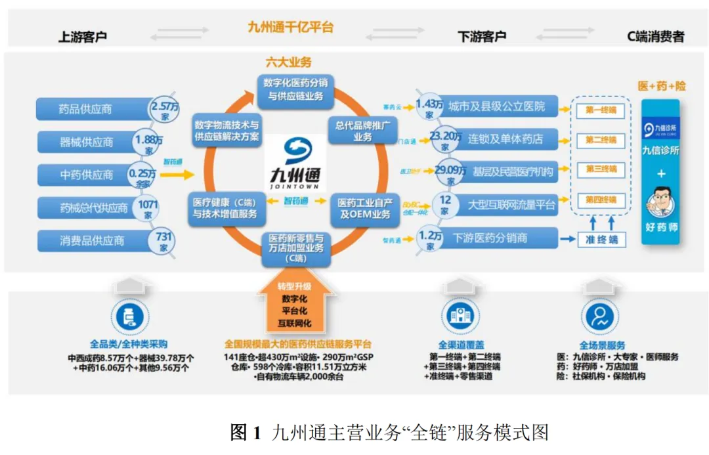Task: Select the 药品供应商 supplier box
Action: tap(92, 109)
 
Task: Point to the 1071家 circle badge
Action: tap(148, 207)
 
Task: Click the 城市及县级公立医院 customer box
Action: tap(496, 106)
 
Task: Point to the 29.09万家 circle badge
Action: tap(450, 172)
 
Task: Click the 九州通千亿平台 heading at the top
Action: tap(290, 28)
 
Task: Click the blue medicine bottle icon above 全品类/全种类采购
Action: tap(129, 318)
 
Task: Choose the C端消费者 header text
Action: tap(655, 37)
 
